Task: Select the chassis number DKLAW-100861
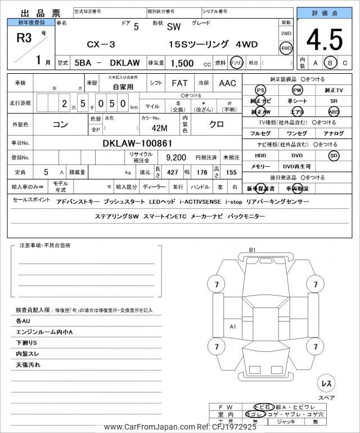tap(138, 143)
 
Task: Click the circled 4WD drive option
tap(286, 48)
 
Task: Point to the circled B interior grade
tap(331, 63)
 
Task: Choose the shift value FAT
tap(179, 83)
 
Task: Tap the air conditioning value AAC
tap(227, 83)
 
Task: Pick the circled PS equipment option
tap(260, 90)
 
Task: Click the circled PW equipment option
tap(297, 90)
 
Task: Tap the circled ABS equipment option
tap(334, 111)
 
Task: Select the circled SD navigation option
tap(334, 155)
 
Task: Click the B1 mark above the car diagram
tap(252, 249)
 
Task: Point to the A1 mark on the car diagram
tap(233, 327)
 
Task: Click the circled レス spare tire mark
tap(326, 383)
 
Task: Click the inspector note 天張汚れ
tap(28, 365)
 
